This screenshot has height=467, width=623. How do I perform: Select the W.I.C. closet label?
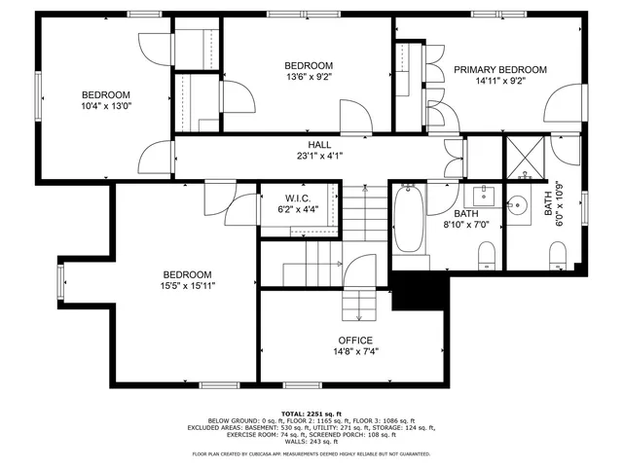click(x=297, y=198)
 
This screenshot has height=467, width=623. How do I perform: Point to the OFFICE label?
click(x=355, y=340)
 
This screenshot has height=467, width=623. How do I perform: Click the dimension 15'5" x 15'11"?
click(x=189, y=286)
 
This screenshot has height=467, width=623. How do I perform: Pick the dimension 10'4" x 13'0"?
click(x=106, y=107)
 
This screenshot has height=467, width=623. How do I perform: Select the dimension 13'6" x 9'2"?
click(x=309, y=77)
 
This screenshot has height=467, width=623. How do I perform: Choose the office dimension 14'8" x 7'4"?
click(x=355, y=351)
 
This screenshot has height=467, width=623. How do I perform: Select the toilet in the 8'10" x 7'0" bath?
click(x=487, y=256)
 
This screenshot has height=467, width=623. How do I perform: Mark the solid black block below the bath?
click(x=418, y=290)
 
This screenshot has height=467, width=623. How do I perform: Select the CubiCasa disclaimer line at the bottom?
click(x=311, y=453)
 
